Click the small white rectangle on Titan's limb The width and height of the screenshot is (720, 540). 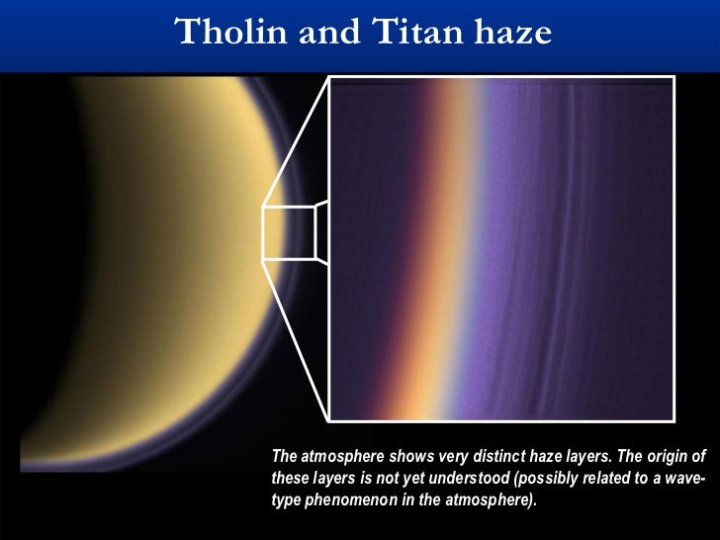click(x=289, y=233)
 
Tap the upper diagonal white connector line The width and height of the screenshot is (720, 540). click(x=296, y=138)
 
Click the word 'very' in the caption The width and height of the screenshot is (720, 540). click(x=456, y=457)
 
